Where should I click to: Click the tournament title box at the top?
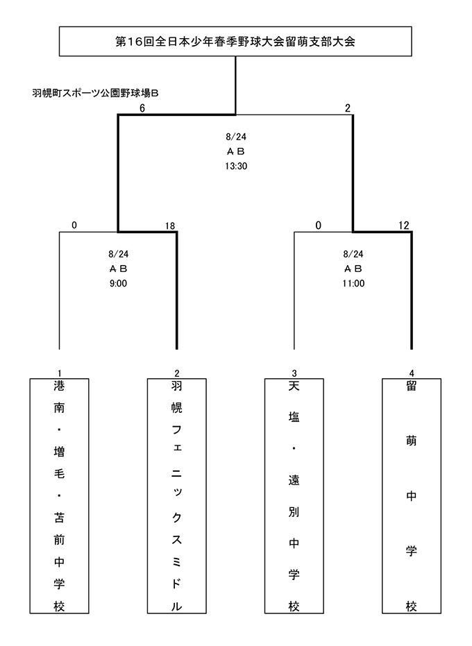(x=235, y=41)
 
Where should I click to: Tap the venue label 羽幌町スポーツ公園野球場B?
(x=95, y=93)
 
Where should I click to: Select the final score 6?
(x=142, y=108)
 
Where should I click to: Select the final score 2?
(x=348, y=108)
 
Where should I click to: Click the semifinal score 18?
(x=170, y=226)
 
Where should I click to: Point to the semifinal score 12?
(x=403, y=226)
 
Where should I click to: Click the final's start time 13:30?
(x=236, y=166)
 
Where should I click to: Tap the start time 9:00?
(x=118, y=283)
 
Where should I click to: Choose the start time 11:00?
(x=353, y=283)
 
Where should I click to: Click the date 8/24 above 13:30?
(x=236, y=137)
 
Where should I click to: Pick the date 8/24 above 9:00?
(x=118, y=254)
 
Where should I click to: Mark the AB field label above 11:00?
(x=353, y=269)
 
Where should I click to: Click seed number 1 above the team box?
(x=60, y=374)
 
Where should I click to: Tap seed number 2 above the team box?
(x=177, y=374)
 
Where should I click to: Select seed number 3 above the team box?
(x=294, y=374)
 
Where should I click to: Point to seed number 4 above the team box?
(x=412, y=374)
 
